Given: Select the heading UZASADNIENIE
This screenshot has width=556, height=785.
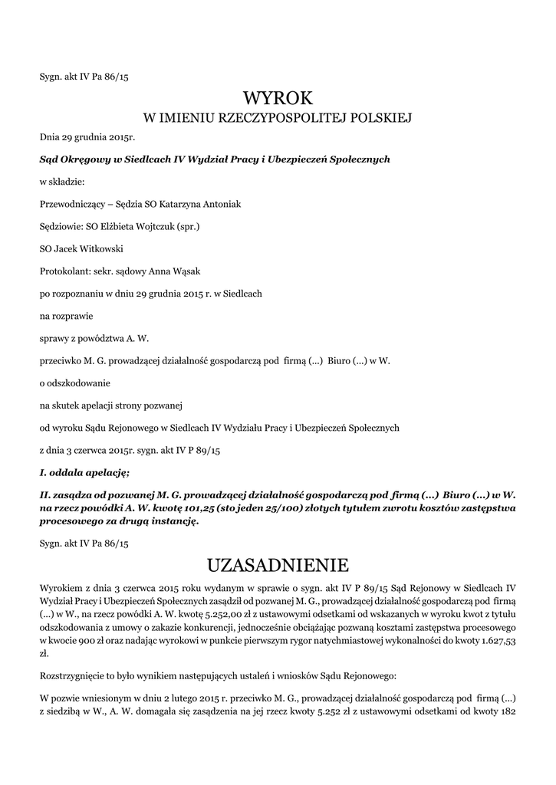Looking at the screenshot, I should [x=278, y=566].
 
